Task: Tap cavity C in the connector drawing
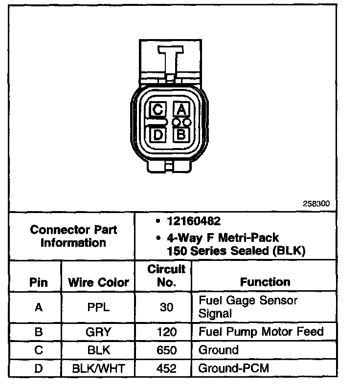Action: (157, 109)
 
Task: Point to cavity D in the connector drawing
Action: (157, 133)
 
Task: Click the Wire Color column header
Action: (98, 282)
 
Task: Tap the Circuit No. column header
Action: (166, 276)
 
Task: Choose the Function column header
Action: (265, 282)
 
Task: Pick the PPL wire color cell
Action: (98, 307)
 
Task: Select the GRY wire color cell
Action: (98, 332)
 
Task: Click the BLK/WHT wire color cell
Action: (98, 368)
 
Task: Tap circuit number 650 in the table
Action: (166, 350)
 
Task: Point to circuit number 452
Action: (166, 368)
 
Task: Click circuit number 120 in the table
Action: (166, 332)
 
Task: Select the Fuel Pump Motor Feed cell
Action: (261, 332)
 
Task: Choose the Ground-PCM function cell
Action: (233, 368)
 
